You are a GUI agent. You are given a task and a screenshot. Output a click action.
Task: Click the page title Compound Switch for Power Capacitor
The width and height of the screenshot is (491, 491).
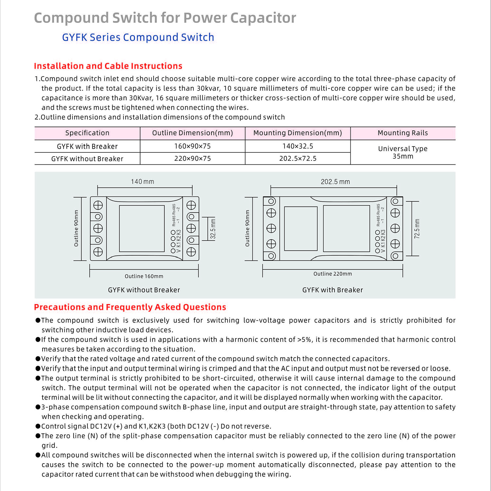pos(165,18)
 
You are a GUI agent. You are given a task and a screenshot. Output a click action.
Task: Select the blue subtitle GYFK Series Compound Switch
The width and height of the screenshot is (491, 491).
pos(138,37)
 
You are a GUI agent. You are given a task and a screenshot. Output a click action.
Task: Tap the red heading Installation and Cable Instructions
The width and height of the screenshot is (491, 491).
pos(108,66)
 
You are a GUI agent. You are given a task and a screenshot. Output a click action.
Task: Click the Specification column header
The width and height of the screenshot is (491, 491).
pos(87,133)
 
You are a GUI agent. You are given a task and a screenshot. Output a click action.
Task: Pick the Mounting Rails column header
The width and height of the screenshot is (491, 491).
pos(403,133)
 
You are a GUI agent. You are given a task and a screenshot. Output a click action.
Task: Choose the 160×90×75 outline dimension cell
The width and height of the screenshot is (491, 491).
pos(192,146)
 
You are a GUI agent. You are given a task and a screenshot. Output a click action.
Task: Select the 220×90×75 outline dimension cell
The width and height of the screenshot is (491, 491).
pos(192,159)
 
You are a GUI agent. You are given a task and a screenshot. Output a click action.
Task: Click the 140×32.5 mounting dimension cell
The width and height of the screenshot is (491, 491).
pos(298,146)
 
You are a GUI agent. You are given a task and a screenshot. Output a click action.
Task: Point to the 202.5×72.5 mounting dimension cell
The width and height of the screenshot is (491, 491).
pos(298,159)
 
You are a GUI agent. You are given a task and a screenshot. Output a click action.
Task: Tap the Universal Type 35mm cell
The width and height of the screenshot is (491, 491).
pos(403,152)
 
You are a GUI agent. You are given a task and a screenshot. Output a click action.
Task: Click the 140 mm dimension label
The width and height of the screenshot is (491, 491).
pos(142,181)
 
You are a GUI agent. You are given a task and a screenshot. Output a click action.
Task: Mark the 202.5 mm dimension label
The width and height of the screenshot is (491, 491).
pos(335,182)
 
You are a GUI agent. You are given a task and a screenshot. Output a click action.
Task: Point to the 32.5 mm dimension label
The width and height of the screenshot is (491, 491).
pos(213,229)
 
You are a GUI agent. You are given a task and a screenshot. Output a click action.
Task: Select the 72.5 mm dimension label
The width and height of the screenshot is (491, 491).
pos(417,229)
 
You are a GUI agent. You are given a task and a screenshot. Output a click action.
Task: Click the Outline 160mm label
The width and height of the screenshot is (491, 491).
pos(144,276)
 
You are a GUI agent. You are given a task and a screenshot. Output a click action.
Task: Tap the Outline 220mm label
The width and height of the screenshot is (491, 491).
pos(333,274)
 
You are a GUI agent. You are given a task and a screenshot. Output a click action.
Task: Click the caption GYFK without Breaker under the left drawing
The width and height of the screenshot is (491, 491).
pos(144,290)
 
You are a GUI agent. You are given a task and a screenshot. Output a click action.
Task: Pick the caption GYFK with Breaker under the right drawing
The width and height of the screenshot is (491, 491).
pos(333,290)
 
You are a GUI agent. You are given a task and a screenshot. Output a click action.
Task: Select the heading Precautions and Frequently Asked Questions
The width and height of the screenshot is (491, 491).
pos(130,307)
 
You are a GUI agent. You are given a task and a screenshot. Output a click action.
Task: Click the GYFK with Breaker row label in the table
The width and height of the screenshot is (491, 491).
pos(87,146)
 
